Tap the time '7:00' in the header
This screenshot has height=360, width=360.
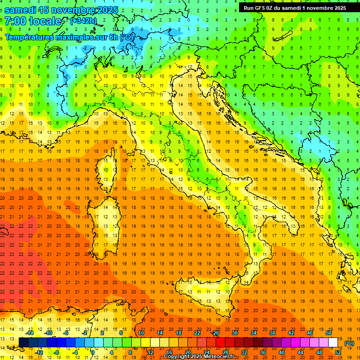click(15, 21)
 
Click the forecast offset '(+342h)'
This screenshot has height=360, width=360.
click(83, 21)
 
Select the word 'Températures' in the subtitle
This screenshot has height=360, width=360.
click(29, 37)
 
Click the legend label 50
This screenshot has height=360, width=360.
click(329, 332)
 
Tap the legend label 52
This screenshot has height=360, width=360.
click(338, 352)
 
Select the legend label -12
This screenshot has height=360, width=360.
click(39, 352)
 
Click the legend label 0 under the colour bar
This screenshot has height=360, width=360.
click(93, 352)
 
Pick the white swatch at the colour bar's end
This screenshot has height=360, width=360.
click(333, 342)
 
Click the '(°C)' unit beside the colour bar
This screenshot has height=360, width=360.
click(349, 343)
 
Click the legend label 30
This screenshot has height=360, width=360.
click(235, 332)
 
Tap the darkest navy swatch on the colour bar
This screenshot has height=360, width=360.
click(23, 342)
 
